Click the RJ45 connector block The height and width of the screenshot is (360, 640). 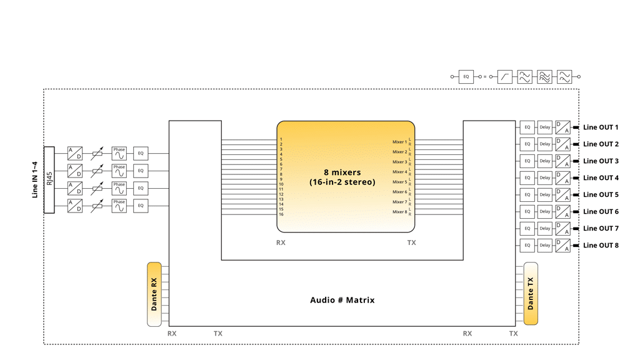49,180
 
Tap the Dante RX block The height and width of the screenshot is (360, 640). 154,294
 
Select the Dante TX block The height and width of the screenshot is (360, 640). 531,294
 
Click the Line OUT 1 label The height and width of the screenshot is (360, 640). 601,127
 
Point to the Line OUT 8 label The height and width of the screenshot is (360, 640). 601,246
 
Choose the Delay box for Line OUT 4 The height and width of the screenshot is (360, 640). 545,178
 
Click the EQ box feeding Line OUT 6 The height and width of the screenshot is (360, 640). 527,212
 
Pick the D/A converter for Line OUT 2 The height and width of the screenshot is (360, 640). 563,144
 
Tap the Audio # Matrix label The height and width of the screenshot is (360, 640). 342,300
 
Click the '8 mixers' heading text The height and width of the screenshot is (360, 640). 342,172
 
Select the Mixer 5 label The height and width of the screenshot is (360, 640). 399,182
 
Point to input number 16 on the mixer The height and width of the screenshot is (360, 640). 282,214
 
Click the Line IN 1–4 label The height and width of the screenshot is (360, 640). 35,180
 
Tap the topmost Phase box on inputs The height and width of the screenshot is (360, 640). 119,153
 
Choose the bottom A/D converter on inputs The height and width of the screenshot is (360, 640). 75,205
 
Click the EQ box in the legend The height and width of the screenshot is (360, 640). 466,77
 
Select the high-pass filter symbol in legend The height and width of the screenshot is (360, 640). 505,77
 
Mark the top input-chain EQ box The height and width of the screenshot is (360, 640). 141,153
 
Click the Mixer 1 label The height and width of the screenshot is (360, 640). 399,142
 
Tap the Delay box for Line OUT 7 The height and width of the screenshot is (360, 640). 545,229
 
